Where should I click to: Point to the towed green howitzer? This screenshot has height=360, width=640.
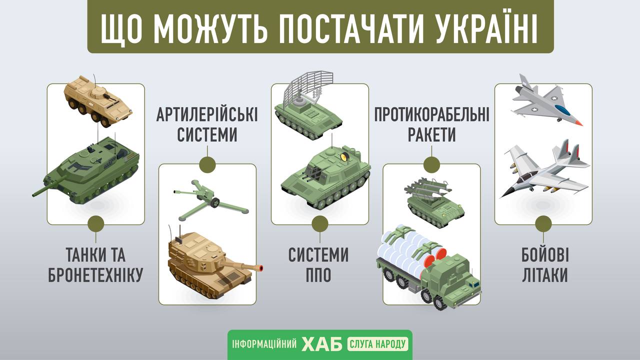coord(210,200)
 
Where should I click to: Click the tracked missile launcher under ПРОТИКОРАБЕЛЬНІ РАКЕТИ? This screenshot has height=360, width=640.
coord(435,202)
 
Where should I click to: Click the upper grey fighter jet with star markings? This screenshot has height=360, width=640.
coord(547,100)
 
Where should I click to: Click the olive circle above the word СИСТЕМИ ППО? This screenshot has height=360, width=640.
coord(319,224)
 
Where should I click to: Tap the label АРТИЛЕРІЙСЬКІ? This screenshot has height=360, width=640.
coord(207,114)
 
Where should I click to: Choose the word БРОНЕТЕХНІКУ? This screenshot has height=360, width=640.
coord(95,275)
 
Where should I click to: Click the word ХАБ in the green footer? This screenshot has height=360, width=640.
coord(322,344)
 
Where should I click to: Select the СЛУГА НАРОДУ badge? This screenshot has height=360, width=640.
coord(377,344)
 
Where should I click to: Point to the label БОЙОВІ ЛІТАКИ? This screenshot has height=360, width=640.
coord(545,265)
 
